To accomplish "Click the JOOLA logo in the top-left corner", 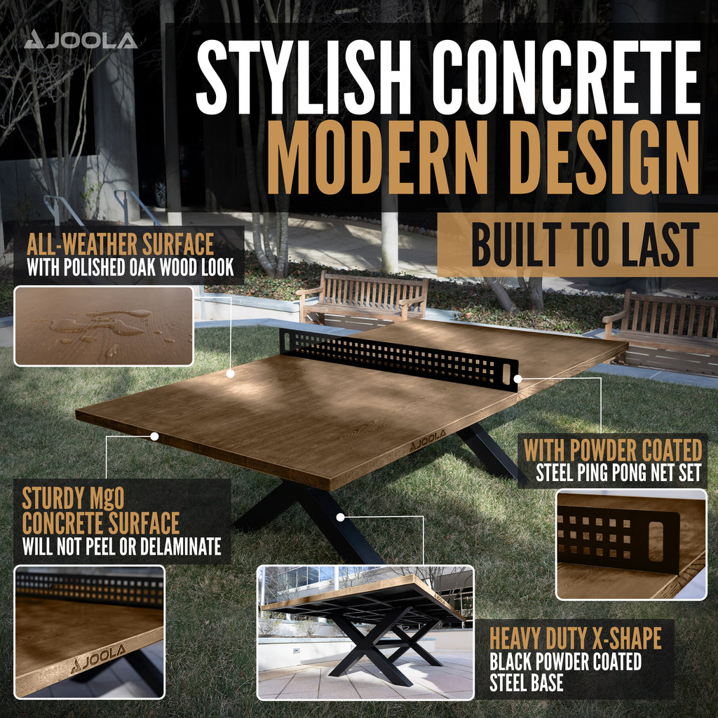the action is tap(81, 40).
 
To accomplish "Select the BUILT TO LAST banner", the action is tap(578, 245).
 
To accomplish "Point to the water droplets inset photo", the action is tap(104, 326).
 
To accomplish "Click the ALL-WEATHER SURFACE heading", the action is tap(120, 244).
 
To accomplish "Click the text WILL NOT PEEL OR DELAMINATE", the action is tap(122, 546).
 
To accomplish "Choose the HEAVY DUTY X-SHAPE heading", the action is tap(576, 638).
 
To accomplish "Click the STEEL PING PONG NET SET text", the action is tap(618, 473).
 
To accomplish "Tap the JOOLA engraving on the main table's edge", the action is tap(428, 440).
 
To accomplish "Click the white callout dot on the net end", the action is tap(517, 379).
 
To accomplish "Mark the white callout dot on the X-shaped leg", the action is tap(340, 517).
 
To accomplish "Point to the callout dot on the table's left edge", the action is tap(155, 436).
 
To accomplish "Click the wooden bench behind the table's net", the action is tap(363, 298).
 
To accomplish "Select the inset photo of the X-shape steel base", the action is tap(365, 633).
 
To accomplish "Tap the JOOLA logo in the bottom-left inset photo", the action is tap(98, 658).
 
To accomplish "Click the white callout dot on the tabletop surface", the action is tap(230, 374).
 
